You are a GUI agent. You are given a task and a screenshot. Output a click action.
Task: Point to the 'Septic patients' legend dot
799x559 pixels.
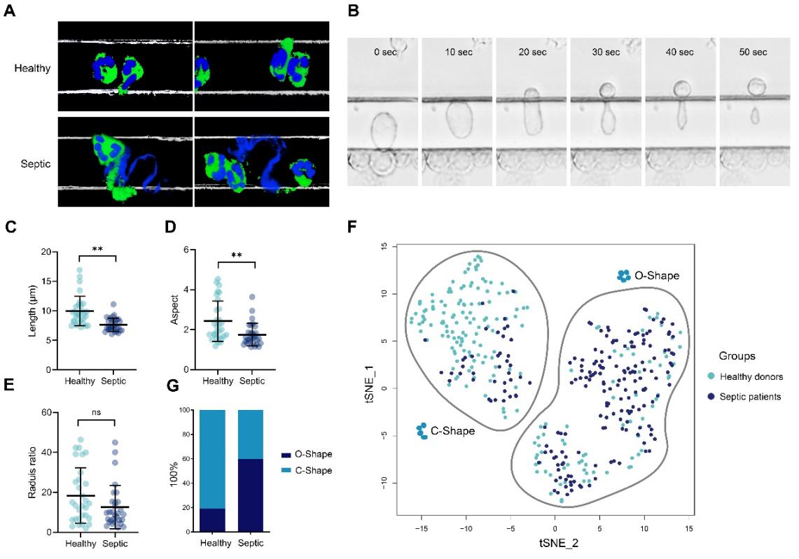click(711, 396)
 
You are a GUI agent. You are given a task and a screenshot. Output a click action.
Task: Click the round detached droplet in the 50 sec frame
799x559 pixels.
click(756, 87)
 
